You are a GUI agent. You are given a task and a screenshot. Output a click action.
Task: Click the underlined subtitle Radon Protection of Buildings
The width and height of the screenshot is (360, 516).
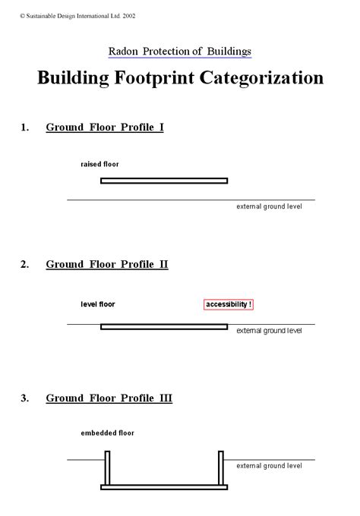click(x=180, y=52)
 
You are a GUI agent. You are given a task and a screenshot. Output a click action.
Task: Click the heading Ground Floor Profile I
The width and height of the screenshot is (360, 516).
click(x=105, y=127)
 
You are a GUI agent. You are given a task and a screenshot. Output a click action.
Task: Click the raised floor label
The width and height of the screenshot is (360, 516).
click(x=99, y=164)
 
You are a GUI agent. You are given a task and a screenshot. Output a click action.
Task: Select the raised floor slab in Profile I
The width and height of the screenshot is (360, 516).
click(x=164, y=181)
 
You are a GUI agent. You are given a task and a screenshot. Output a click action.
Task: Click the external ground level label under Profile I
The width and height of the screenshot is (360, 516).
click(x=269, y=206)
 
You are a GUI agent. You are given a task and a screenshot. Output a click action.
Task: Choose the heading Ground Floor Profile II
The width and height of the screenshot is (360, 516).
click(x=107, y=264)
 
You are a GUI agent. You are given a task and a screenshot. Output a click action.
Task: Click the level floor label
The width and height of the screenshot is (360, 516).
click(x=98, y=304)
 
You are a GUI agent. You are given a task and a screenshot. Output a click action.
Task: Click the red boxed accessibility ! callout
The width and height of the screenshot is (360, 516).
click(x=229, y=304)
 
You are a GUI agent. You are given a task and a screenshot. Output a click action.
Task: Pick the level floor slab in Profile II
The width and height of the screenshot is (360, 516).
click(x=164, y=327)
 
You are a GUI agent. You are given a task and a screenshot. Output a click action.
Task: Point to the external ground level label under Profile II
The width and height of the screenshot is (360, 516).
click(x=269, y=331)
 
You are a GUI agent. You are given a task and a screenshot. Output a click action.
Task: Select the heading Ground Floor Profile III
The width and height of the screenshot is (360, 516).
click(x=109, y=398)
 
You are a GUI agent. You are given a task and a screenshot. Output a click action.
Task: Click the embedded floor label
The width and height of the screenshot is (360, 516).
click(x=107, y=433)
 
